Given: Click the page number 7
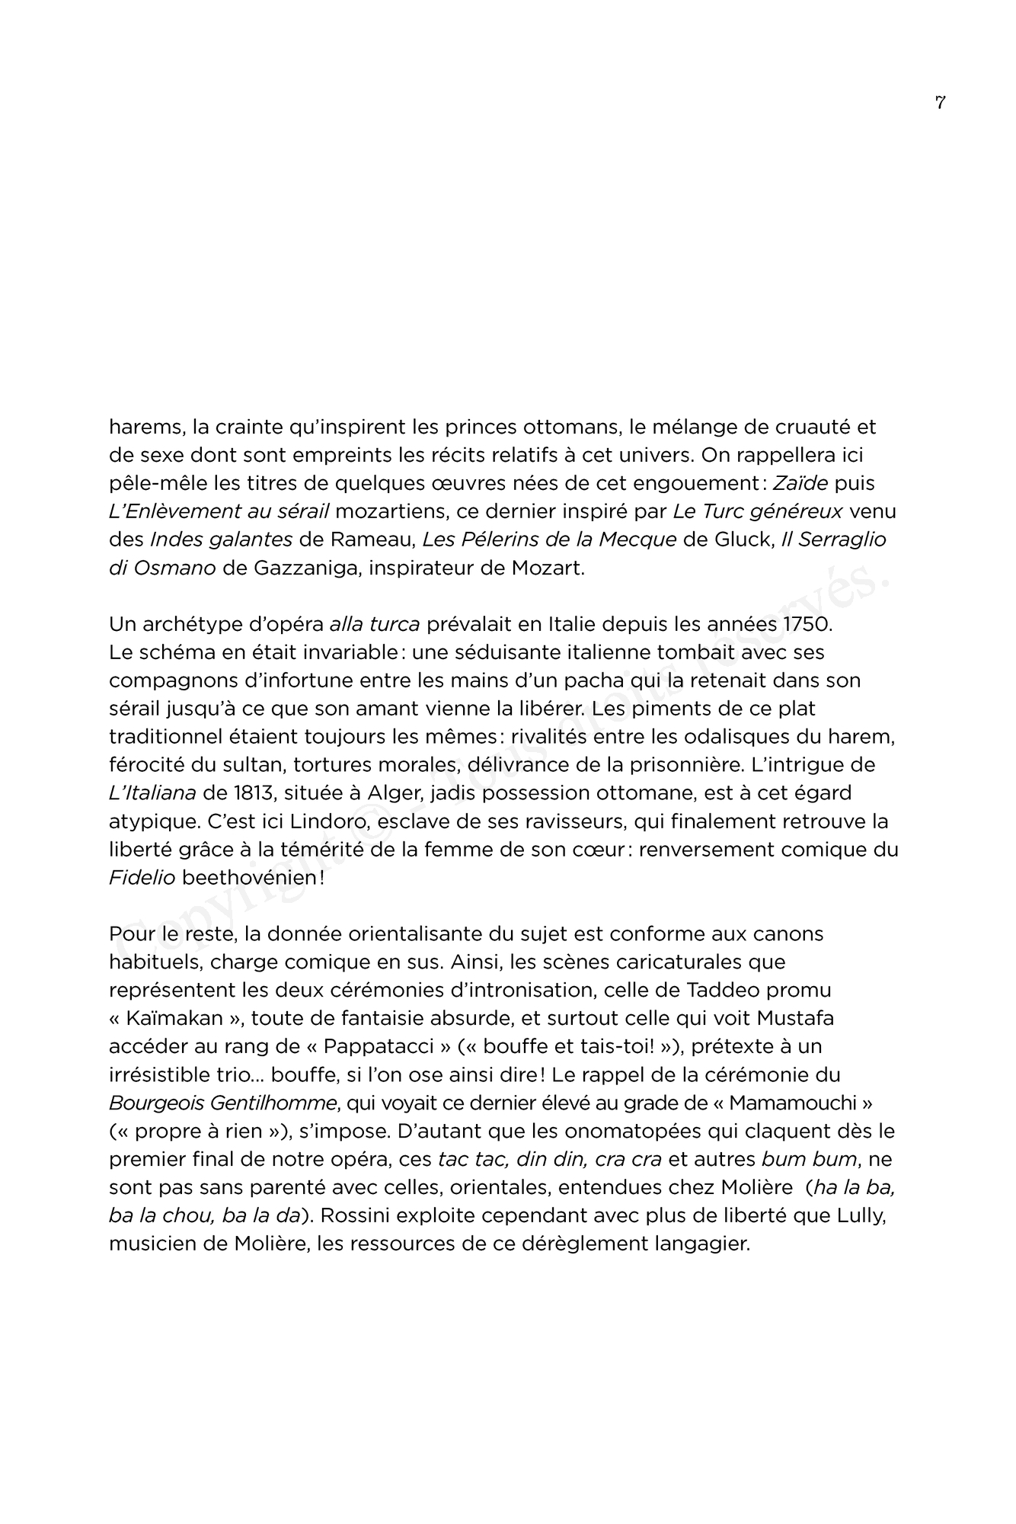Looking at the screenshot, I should click(x=940, y=103).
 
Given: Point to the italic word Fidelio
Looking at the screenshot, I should click(x=142, y=878).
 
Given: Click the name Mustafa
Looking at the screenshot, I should click(x=792, y=1019).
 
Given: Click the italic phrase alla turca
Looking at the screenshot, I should click(x=375, y=624).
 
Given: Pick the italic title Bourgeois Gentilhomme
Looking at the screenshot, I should click(x=225, y=1103).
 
